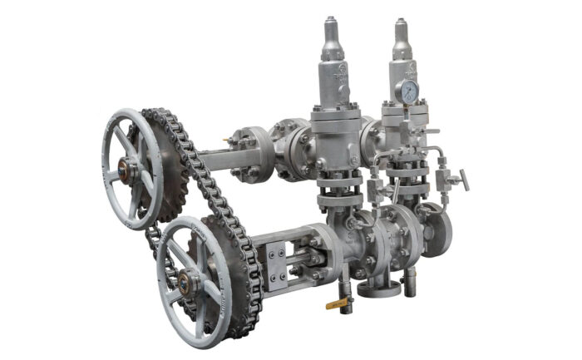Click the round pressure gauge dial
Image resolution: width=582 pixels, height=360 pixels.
click(x=408, y=92)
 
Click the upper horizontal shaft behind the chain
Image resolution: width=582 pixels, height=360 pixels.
click(x=215, y=158)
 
